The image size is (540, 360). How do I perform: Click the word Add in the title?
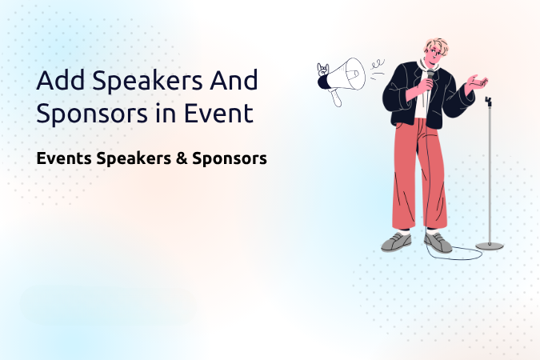point(60,79)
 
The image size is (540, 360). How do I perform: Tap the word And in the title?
point(234,79)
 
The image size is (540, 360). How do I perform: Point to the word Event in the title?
point(218,112)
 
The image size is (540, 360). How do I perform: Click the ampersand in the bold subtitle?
point(181,158)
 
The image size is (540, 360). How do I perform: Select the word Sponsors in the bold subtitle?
point(230,159)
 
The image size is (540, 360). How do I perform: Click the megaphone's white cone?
point(347,74)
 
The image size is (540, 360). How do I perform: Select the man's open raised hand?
point(476,82)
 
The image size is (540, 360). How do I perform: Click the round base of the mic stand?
point(490,246)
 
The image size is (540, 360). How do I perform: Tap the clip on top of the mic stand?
point(488,102)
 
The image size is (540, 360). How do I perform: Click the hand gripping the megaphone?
point(322,70)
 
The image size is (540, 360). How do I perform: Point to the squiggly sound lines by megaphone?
point(378,69)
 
